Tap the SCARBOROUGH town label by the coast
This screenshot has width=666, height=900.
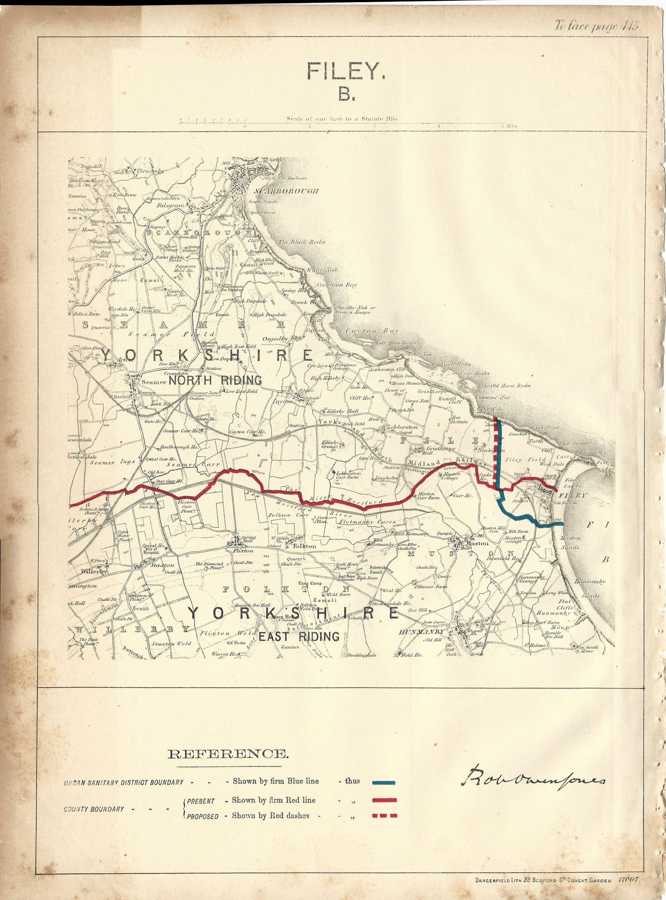(286, 191)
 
